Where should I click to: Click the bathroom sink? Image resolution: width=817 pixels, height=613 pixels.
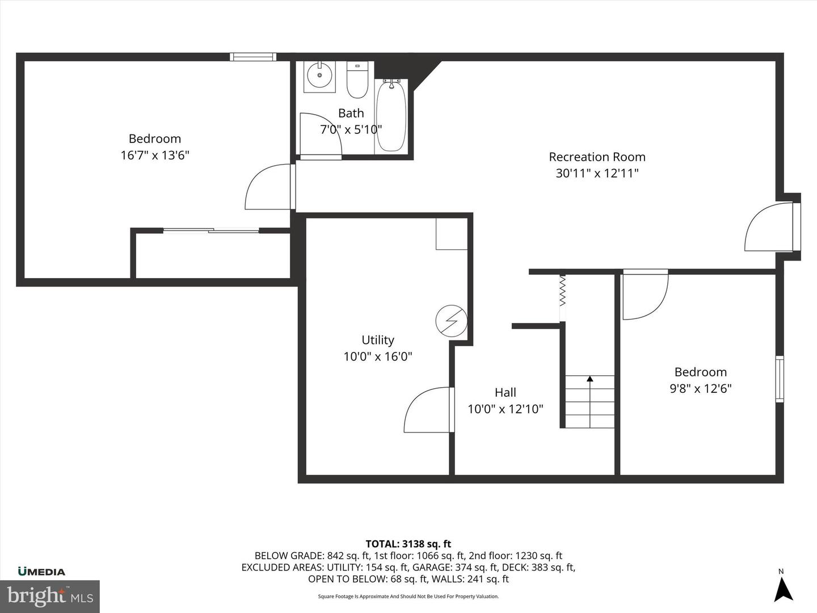pyautogui.click(x=319, y=76)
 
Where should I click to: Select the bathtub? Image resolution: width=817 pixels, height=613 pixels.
pyautogui.click(x=391, y=116)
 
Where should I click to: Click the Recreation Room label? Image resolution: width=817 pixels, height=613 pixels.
pyautogui.click(x=597, y=157)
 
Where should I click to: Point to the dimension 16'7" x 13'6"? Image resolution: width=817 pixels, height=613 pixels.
pyautogui.click(x=155, y=155)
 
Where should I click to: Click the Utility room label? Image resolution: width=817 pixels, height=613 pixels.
pyautogui.click(x=378, y=340)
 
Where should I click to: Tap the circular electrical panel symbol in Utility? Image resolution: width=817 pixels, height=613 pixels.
pyautogui.click(x=450, y=321)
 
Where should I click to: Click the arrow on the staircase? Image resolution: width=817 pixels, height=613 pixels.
pyautogui.click(x=589, y=379)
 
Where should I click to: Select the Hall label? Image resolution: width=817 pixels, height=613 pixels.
pyautogui.click(x=505, y=392)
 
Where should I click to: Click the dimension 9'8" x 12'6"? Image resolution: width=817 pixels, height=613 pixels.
pyautogui.click(x=701, y=388)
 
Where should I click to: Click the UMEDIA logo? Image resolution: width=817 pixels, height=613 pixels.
pyautogui.click(x=41, y=572)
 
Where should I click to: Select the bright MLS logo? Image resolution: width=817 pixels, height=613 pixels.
pyautogui.click(x=50, y=596)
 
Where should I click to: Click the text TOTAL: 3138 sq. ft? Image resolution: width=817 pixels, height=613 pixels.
pyautogui.click(x=408, y=544)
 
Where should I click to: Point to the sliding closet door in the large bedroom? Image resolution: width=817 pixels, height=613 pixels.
pyautogui.click(x=211, y=230)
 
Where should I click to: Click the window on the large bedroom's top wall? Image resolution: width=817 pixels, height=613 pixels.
pyautogui.click(x=253, y=56)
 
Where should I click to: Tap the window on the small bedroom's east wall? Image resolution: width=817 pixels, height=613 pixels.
pyautogui.click(x=780, y=379)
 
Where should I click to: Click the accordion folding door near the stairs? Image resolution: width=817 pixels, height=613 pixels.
pyautogui.click(x=562, y=291)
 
